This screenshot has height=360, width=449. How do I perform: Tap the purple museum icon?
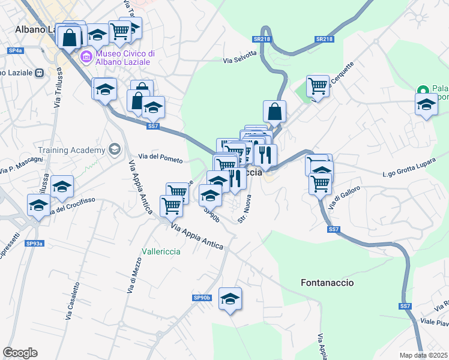(86, 58)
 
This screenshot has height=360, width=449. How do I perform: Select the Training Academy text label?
(71, 149)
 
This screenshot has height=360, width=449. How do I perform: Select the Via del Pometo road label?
(161, 157)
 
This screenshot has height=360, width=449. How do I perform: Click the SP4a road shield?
(14, 51)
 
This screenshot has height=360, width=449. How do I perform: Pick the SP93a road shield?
(34, 244)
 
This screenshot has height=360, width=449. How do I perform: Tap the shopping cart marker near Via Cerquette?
(318, 85)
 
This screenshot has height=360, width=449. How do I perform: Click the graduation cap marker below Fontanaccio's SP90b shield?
(230, 298)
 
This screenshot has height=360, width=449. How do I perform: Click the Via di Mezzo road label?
(133, 275)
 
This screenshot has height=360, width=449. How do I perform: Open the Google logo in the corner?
(20, 353)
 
